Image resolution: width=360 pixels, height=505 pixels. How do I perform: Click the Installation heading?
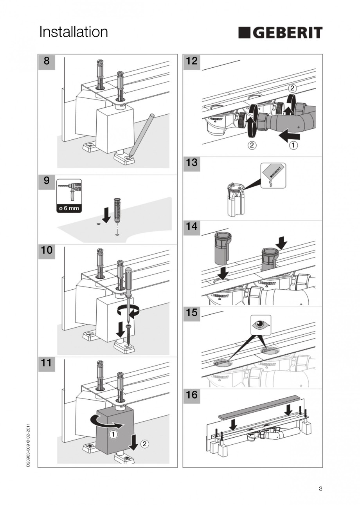(x=74, y=32)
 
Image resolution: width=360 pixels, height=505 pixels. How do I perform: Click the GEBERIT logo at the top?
(x=280, y=33)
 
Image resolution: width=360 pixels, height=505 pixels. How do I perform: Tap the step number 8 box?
(x=47, y=61)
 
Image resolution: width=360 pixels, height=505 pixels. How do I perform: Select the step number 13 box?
(x=192, y=163)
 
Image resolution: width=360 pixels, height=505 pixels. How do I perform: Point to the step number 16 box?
(x=192, y=395)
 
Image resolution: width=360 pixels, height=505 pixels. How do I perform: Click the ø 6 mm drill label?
(x=69, y=208)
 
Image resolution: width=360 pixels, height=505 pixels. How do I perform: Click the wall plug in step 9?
(x=116, y=210)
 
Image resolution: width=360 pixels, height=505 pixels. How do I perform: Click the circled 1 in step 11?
(x=112, y=434)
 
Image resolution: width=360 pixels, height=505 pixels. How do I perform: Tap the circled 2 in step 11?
(x=144, y=444)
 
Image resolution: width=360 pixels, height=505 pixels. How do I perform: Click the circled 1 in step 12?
(x=293, y=146)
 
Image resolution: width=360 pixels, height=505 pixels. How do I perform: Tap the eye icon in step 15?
(x=260, y=325)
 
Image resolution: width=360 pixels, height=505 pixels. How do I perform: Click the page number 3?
(x=320, y=489)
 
